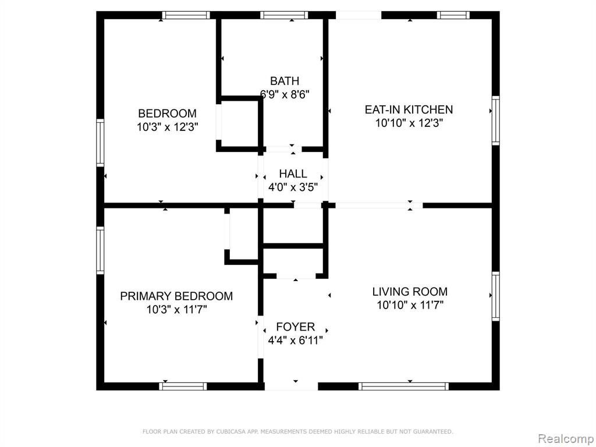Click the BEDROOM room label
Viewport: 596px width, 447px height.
(x=167, y=113)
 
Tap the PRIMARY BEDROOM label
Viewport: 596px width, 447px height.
(x=176, y=296)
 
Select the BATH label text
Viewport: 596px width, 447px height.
(x=284, y=81)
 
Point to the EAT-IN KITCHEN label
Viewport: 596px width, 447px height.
(x=409, y=109)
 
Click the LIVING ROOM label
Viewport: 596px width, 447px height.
(x=410, y=292)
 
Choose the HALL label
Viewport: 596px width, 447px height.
(x=293, y=173)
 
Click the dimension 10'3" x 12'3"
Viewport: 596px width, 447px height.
(x=168, y=127)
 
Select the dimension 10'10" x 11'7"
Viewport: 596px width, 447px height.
(x=410, y=305)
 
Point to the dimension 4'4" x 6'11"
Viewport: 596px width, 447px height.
(x=295, y=340)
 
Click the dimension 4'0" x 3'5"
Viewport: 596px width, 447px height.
(x=293, y=187)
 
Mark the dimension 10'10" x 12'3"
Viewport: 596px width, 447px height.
(x=409, y=123)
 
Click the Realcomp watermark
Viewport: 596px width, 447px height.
(x=566, y=439)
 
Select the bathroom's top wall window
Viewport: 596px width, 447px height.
(x=284, y=15)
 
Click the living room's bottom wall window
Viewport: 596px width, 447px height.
(x=403, y=386)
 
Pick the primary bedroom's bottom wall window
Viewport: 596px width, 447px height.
(x=183, y=386)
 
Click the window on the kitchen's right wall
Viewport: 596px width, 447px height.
(x=496, y=120)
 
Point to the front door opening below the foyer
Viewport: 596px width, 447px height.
(x=291, y=386)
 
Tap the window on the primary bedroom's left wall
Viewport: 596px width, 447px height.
(x=100, y=250)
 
